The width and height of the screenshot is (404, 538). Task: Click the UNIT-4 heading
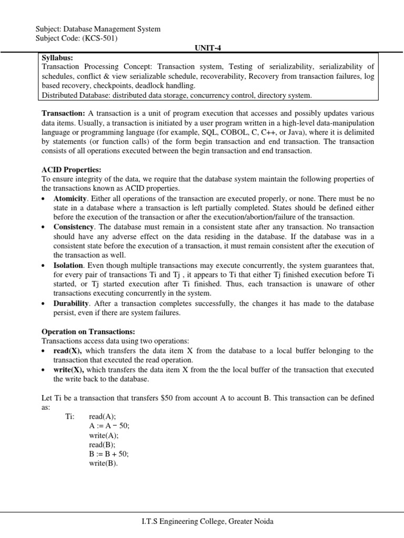pos(202,47)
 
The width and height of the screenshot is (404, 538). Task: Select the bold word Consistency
pos(74,227)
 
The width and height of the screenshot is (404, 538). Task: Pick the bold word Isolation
pos(68,265)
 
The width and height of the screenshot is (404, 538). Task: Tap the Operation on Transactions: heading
pos(88,332)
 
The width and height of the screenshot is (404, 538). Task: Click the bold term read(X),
pos(68,350)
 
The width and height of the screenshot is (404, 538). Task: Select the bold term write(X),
pos(69,369)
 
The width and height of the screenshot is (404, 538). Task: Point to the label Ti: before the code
pos(70,416)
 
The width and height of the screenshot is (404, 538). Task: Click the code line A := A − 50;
pos(109,426)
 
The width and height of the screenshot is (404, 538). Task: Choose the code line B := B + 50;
pos(109,454)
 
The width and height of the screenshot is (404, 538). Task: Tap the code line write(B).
pos(104,463)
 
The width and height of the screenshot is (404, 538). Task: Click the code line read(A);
pos(103,416)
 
